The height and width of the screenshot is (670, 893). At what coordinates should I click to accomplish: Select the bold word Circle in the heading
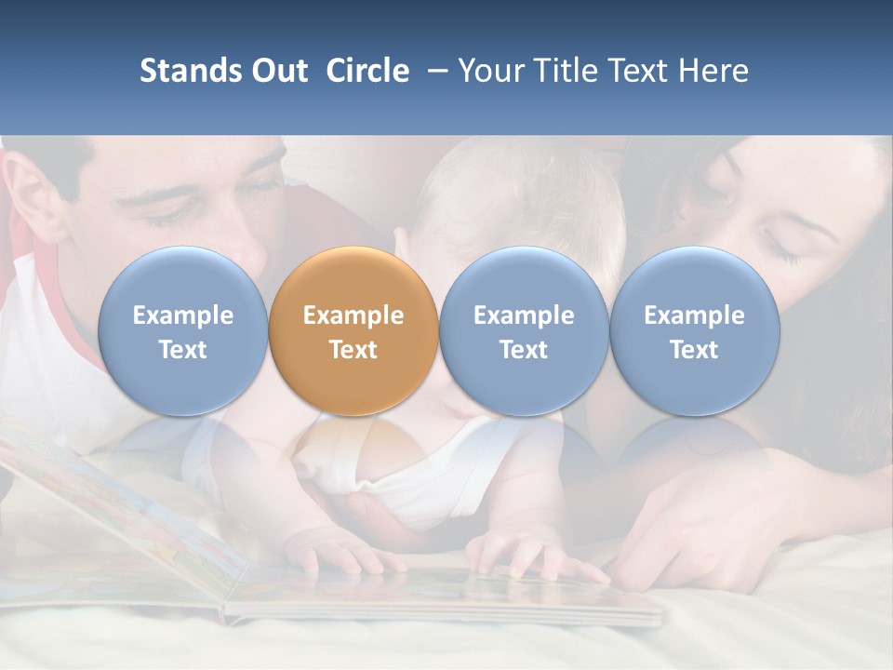[367, 71]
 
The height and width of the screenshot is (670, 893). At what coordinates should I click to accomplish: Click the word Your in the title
[491, 71]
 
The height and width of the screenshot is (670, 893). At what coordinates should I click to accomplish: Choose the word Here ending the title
[713, 71]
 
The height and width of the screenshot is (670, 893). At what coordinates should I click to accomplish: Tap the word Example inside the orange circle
[353, 315]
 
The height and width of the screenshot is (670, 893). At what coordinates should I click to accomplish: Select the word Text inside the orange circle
[353, 350]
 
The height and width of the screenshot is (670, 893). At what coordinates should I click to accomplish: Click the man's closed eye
[167, 216]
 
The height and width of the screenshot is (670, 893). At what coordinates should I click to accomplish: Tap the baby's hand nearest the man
[340, 556]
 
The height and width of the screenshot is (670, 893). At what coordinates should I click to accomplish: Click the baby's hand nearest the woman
[526, 556]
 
